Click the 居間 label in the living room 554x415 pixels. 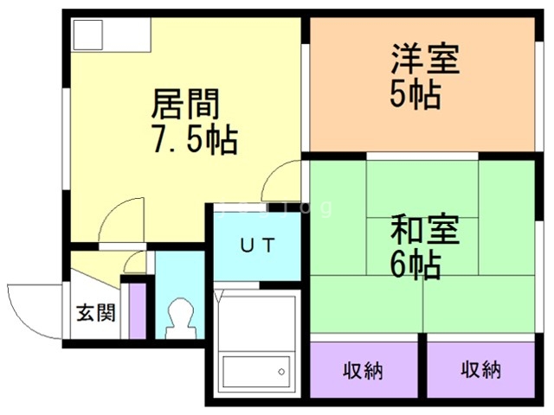(185, 105)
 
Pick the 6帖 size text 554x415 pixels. (415, 265)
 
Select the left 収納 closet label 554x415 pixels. (363, 371)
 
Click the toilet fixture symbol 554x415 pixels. (181, 318)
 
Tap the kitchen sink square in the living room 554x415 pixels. (87, 34)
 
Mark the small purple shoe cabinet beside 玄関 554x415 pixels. (136, 310)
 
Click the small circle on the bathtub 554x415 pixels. (282, 373)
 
